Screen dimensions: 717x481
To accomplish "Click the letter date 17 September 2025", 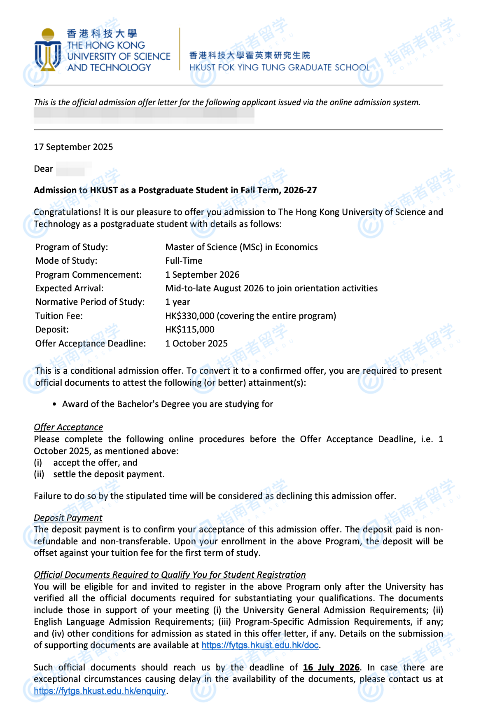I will click(73, 147).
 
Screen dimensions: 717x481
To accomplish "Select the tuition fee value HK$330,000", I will click(190, 316).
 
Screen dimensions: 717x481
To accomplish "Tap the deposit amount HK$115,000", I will click(190, 330).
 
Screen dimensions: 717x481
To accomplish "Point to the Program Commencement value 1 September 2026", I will click(202, 275).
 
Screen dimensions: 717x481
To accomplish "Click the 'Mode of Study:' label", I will click(66, 261).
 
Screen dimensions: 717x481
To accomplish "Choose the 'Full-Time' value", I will click(184, 261).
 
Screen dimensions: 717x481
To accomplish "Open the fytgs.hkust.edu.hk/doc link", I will click(260, 645).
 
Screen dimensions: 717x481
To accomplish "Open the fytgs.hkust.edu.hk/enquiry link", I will click(100, 691).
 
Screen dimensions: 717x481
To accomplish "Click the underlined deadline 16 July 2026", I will click(331, 668).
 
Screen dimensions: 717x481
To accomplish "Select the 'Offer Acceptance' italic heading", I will click(68, 427).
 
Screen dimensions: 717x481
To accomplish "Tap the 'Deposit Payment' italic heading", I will click(68, 518).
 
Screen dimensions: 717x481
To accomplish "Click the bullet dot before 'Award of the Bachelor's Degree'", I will click(55, 405).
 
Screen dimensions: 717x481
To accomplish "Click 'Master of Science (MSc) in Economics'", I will click(241, 247).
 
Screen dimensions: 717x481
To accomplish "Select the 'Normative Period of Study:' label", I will click(90, 302).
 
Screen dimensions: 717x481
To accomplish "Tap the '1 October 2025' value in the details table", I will click(196, 344).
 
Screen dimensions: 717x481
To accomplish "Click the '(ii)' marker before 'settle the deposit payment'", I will click(39, 474).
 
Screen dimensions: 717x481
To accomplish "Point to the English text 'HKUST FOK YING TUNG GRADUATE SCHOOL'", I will click(280, 68).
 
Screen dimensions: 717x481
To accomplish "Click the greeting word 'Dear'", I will click(43, 169).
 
